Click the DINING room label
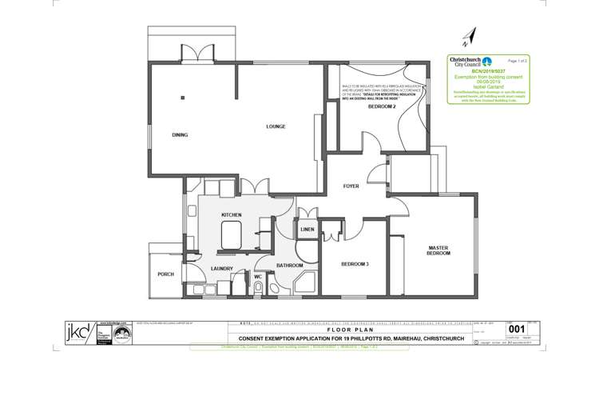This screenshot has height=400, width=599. (x=180, y=135)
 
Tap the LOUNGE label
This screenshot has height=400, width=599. (x=276, y=127)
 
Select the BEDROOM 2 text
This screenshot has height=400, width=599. (x=382, y=106)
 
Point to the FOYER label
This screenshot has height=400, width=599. (x=351, y=186)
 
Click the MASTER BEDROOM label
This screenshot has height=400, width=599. (x=439, y=250)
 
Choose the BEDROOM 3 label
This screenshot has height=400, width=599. (x=355, y=264)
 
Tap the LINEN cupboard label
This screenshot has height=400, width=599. (x=307, y=230)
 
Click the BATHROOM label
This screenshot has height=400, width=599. (x=289, y=265)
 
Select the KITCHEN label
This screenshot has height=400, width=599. (x=232, y=215)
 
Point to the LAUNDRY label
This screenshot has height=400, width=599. (x=222, y=269)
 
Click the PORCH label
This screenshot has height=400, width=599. (x=165, y=274)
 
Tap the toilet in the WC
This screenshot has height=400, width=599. (x=258, y=286)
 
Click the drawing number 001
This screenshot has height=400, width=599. (x=517, y=328)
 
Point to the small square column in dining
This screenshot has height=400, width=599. (x=183, y=98)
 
